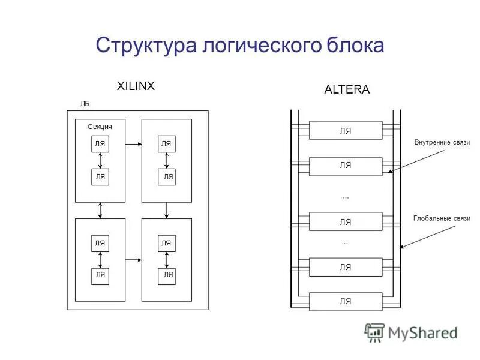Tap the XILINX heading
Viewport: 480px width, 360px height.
[x=136, y=86]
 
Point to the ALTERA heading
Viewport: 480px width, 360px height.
[x=347, y=90]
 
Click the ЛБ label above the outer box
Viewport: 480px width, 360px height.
[x=85, y=103]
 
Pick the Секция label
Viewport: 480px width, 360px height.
[x=100, y=127]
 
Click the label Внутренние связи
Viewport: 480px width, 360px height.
[x=442, y=143]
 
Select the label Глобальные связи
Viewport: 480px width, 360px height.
[x=442, y=218]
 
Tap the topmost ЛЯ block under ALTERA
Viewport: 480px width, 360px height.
[x=346, y=131]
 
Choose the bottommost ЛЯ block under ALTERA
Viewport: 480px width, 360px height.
[x=346, y=301]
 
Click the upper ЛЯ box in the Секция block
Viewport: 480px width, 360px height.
[x=100, y=143]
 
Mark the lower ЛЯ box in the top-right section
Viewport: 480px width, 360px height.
[x=167, y=176]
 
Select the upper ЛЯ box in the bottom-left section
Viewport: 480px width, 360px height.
[x=100, y=243]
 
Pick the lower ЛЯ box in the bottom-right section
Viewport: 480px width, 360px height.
[x=167, y=274]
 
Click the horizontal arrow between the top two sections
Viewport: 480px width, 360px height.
[x=133, y=144]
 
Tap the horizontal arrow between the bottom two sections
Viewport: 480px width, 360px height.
[x=133, y=260]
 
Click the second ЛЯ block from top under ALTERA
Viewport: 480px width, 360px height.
[x=346, y=166]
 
